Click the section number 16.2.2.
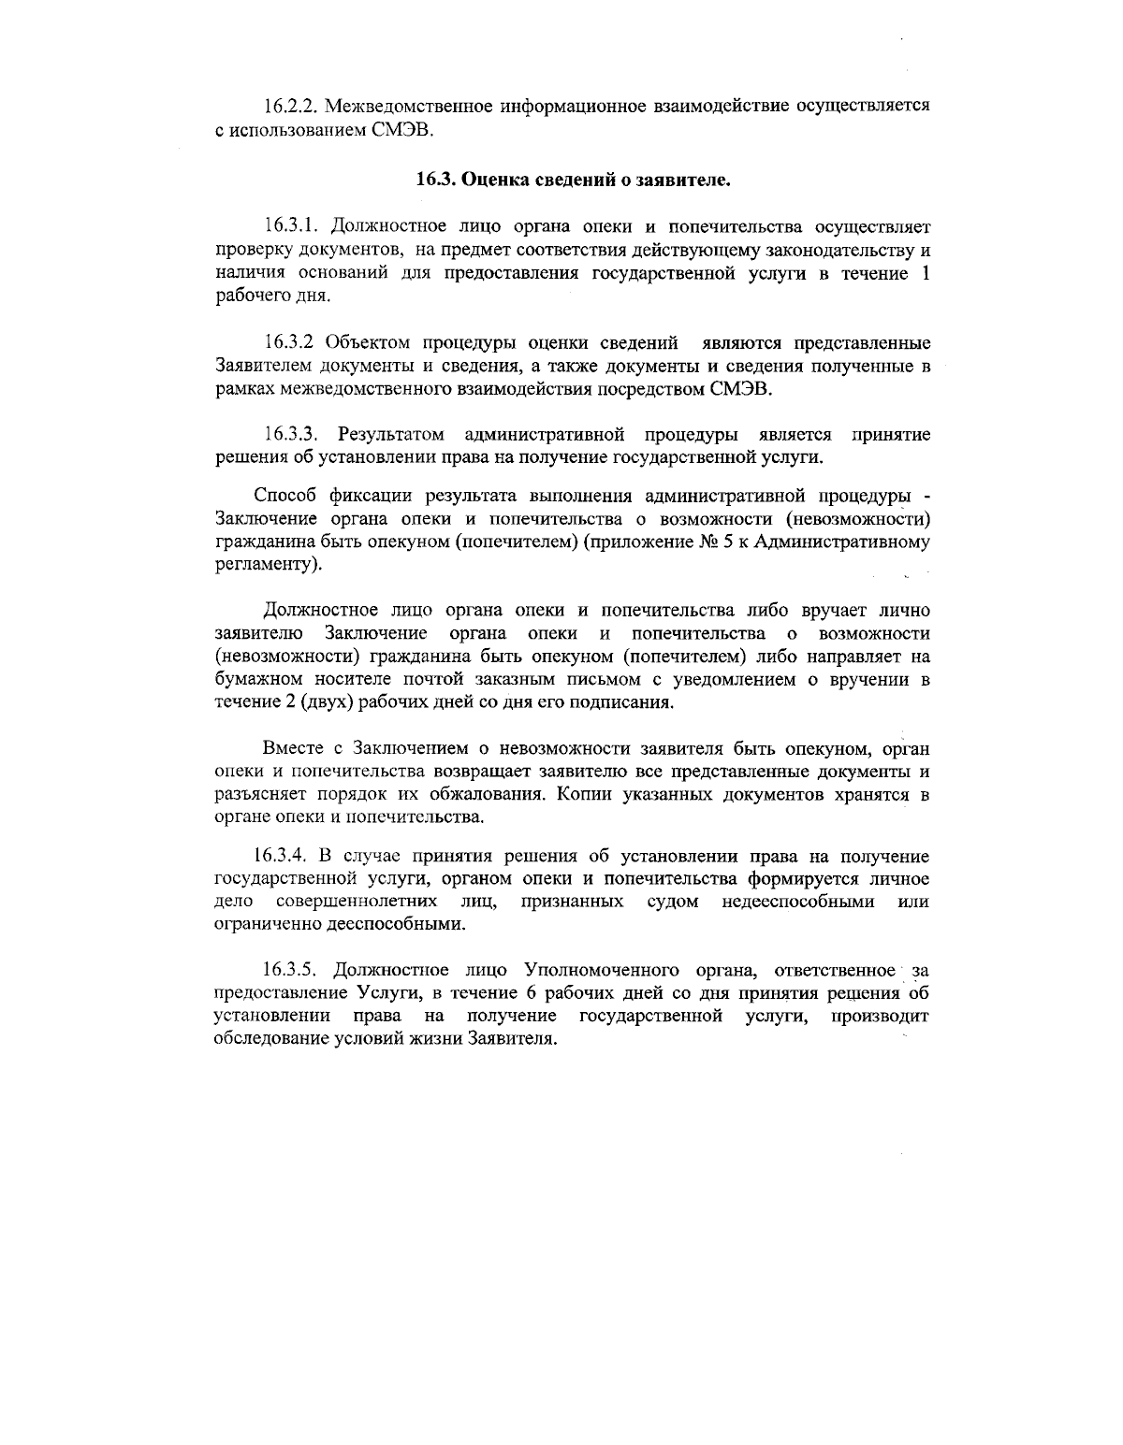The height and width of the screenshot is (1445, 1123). tap(293, 105)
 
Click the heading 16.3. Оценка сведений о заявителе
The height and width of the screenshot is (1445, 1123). tap(572, 180)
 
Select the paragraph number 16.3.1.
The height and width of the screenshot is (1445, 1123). tap(293, 226)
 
